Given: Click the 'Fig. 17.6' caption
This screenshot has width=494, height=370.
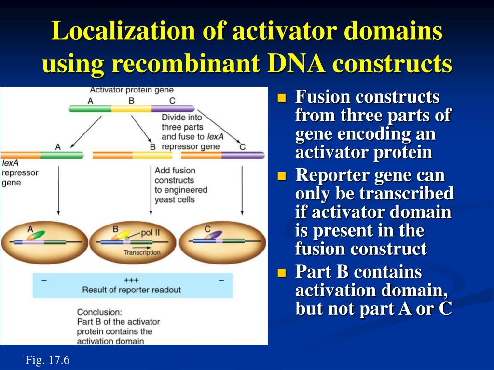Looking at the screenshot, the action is tap(47, 359).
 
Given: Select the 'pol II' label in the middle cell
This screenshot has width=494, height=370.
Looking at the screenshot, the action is tap(151, 233).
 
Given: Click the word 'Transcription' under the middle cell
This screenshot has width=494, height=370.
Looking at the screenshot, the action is tap(142, 252).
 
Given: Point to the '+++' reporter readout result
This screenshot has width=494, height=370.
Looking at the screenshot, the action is tap(131, 280).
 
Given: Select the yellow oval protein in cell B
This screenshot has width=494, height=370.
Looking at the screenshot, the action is tap(121, 236).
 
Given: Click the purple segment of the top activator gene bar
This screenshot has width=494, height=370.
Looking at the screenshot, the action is tap(173, 109).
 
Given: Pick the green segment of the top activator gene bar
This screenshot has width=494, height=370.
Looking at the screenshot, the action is tap(90, 109).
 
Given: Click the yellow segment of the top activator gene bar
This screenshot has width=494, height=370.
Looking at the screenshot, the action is tap(131, 109).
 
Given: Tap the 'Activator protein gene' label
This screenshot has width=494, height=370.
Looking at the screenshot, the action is tap(132, 90).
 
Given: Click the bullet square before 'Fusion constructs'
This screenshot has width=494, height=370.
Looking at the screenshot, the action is tap(282, 98).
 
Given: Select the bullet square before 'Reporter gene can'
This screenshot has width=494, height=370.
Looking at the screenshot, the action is tap(282, 176).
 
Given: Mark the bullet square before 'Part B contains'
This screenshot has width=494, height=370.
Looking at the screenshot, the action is tap(282, 273).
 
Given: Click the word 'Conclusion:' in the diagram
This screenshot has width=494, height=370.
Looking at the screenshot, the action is tap(99, 312).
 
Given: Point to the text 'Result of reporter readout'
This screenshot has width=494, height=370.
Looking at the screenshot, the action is tap(132, 290).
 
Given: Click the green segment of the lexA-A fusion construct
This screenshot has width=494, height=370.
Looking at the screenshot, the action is tap(62, 155).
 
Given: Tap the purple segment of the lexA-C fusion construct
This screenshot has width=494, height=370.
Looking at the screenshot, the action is tap(243, 155).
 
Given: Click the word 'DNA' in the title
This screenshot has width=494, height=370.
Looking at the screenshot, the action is tap(296, 63).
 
